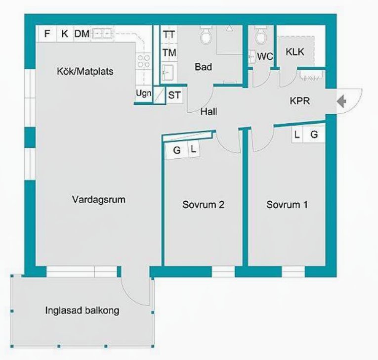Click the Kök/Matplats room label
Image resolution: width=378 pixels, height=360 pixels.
click(x=85, y=71)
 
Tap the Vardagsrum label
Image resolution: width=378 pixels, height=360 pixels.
click(x=99, y=200)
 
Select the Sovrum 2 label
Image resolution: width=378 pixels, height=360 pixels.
click(x=203, y=205)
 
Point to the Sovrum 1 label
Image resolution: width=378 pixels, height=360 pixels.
click(x=287, y=205)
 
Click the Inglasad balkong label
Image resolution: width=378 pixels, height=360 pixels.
click(x=82, y=310)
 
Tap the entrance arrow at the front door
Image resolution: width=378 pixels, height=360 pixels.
click(x=341, y=101)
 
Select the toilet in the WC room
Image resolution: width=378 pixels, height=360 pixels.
click(x=260, y=36)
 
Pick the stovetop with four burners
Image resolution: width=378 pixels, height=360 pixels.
click(x=144, y=61)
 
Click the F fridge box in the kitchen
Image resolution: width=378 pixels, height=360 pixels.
click(x=47, y=34)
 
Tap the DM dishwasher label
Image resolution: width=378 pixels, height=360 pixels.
click(x=82, y=34)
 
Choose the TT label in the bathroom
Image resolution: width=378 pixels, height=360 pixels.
click(x=169, y=35)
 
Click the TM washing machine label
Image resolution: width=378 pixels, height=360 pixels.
click(x=169, y=52)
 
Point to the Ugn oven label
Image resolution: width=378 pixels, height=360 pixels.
click(x=144, y=93)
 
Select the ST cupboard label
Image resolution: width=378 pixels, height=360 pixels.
click(x=174, y=95)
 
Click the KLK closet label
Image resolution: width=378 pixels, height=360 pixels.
click(x=295, y=52)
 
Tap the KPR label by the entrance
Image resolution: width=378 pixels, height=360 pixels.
click(x=299, y=101)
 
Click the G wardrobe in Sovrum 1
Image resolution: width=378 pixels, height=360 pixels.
click(x=314, y=134)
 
